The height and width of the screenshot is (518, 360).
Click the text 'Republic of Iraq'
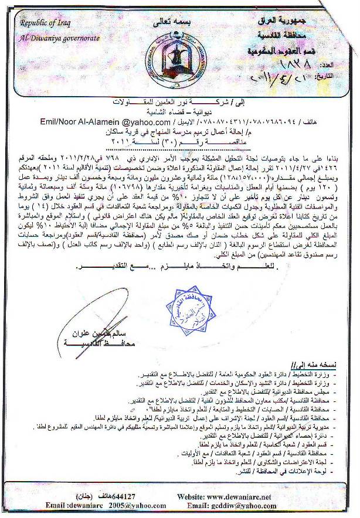45,23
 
